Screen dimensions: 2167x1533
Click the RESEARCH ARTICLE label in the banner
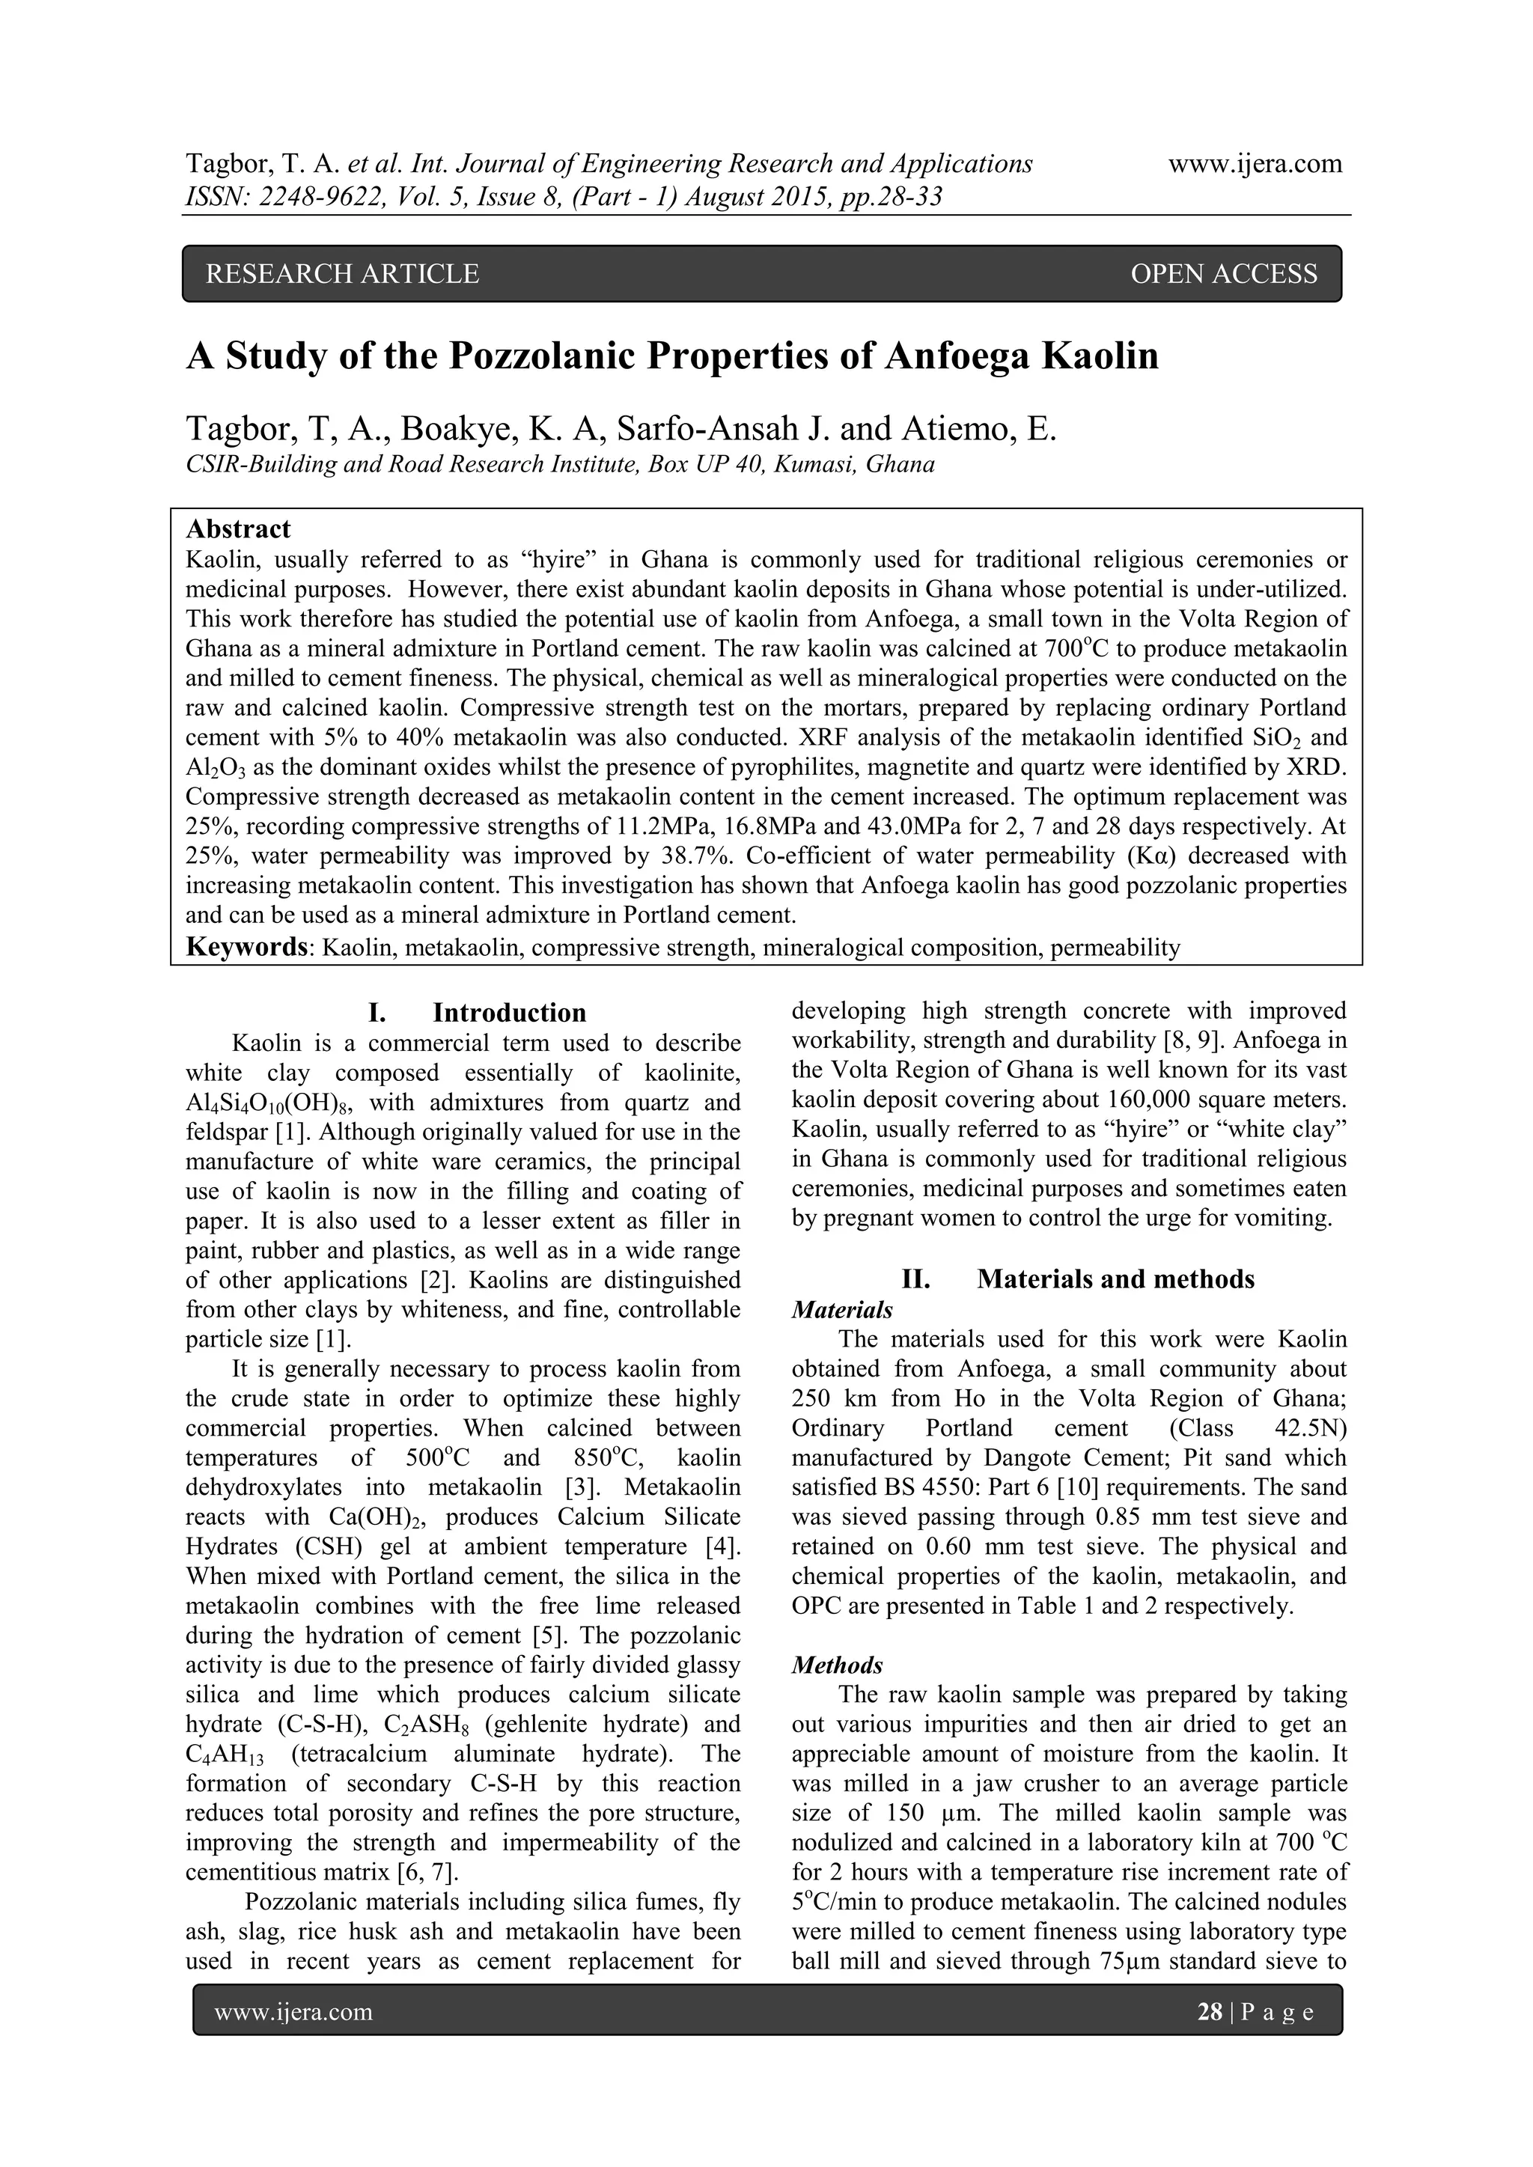point(342,274)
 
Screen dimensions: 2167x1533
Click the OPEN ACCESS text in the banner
point(1222,274)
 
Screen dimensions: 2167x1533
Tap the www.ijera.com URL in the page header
point(1255,164)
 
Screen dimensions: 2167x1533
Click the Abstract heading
point(239,528)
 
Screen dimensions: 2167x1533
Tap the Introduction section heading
point(509,1013)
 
